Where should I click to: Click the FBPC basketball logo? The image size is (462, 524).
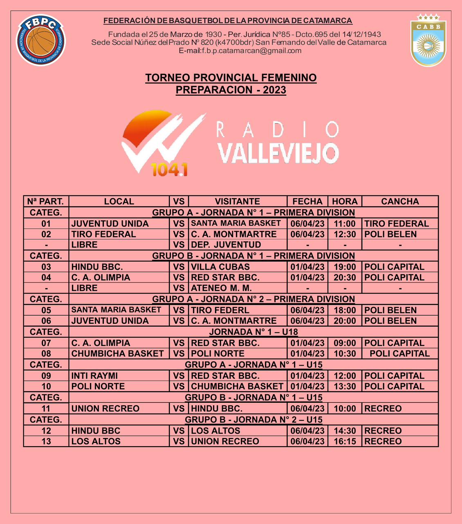[40, 40]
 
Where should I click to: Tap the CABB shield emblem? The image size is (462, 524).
[428, 40]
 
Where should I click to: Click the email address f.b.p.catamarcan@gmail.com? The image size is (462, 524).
[240, 51]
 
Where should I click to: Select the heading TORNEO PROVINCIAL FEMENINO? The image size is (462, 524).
[231, 78]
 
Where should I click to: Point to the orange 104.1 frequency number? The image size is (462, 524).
[169, 169]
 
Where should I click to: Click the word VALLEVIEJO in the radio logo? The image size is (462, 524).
[278, 153]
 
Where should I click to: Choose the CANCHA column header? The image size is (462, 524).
[400, 201]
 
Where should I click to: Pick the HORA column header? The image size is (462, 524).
[345, 201]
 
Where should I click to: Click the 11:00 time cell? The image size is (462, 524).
[345, 224]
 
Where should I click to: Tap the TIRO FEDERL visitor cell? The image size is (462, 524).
[220, 310]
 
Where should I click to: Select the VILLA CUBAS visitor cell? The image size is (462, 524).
[220, 267]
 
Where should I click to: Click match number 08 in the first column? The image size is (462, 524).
[46, 354]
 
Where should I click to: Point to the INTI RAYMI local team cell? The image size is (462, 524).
[94, 376]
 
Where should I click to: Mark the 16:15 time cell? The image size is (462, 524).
[345, 441]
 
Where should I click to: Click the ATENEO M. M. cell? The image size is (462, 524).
[221, 288]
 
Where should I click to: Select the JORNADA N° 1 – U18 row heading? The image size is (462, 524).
[253, 332]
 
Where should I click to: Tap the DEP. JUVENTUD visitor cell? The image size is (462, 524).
[226, 245]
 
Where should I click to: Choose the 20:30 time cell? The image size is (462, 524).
[345, 278]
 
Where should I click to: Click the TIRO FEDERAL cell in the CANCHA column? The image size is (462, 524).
[397, 224]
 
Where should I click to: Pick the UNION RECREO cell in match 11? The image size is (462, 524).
[105, 409]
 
